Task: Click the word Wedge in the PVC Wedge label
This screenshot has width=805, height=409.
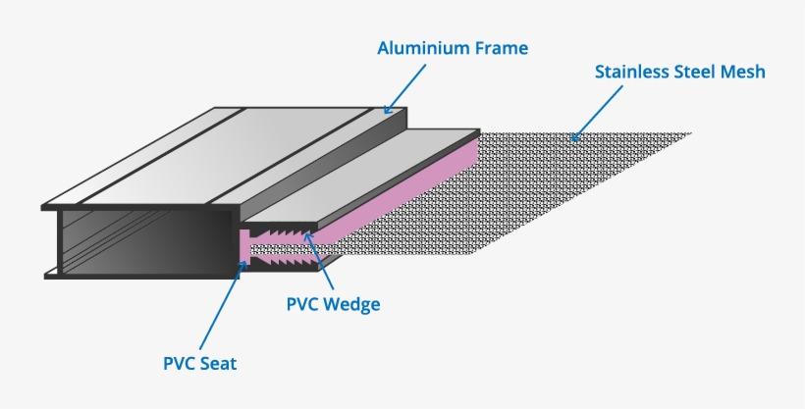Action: (x=350, y=304)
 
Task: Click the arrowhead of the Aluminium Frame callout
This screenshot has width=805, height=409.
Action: (x=388, y=111)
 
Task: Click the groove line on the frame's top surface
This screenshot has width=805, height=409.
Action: (x=157, y=157)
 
